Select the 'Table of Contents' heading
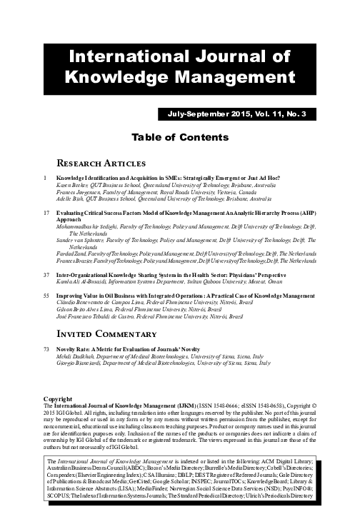[x=180, y=136]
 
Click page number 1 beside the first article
[x=46, y=176]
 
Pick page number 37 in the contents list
[x=47, y=273]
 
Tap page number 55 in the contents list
[x=47, y=293]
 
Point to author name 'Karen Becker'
[x=74, y=183]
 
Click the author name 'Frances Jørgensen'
[x=79, y=191]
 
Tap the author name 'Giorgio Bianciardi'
[x=80, y=361]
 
